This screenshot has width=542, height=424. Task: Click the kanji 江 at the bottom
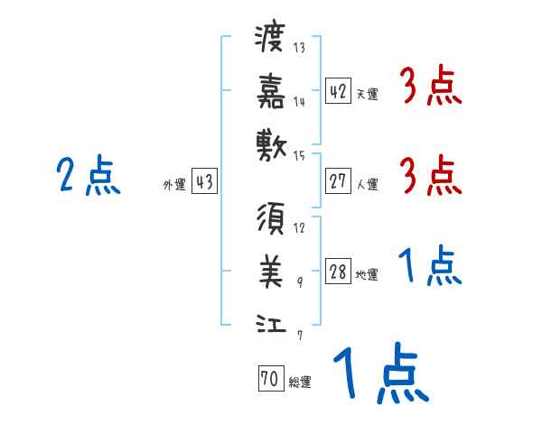(x=271, y=321)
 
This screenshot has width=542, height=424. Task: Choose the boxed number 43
(x=204, y=182)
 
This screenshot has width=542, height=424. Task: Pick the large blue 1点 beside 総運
(x=379, y=374)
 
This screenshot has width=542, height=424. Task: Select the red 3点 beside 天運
(x=430, y=88)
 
